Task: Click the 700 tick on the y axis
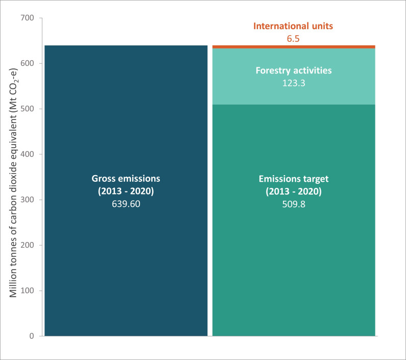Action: click(28, 18)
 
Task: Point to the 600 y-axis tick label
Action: click(28, 64)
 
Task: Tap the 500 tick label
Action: click(28, 109)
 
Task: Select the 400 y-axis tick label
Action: click(28, 155)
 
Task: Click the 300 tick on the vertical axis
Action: click(28, 200)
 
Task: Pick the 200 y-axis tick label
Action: click(28, 246)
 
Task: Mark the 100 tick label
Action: click(28, 291)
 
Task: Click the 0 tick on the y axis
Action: click(32, 337)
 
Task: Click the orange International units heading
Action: click(294, 26)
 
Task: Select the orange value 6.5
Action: click(294, 38)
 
